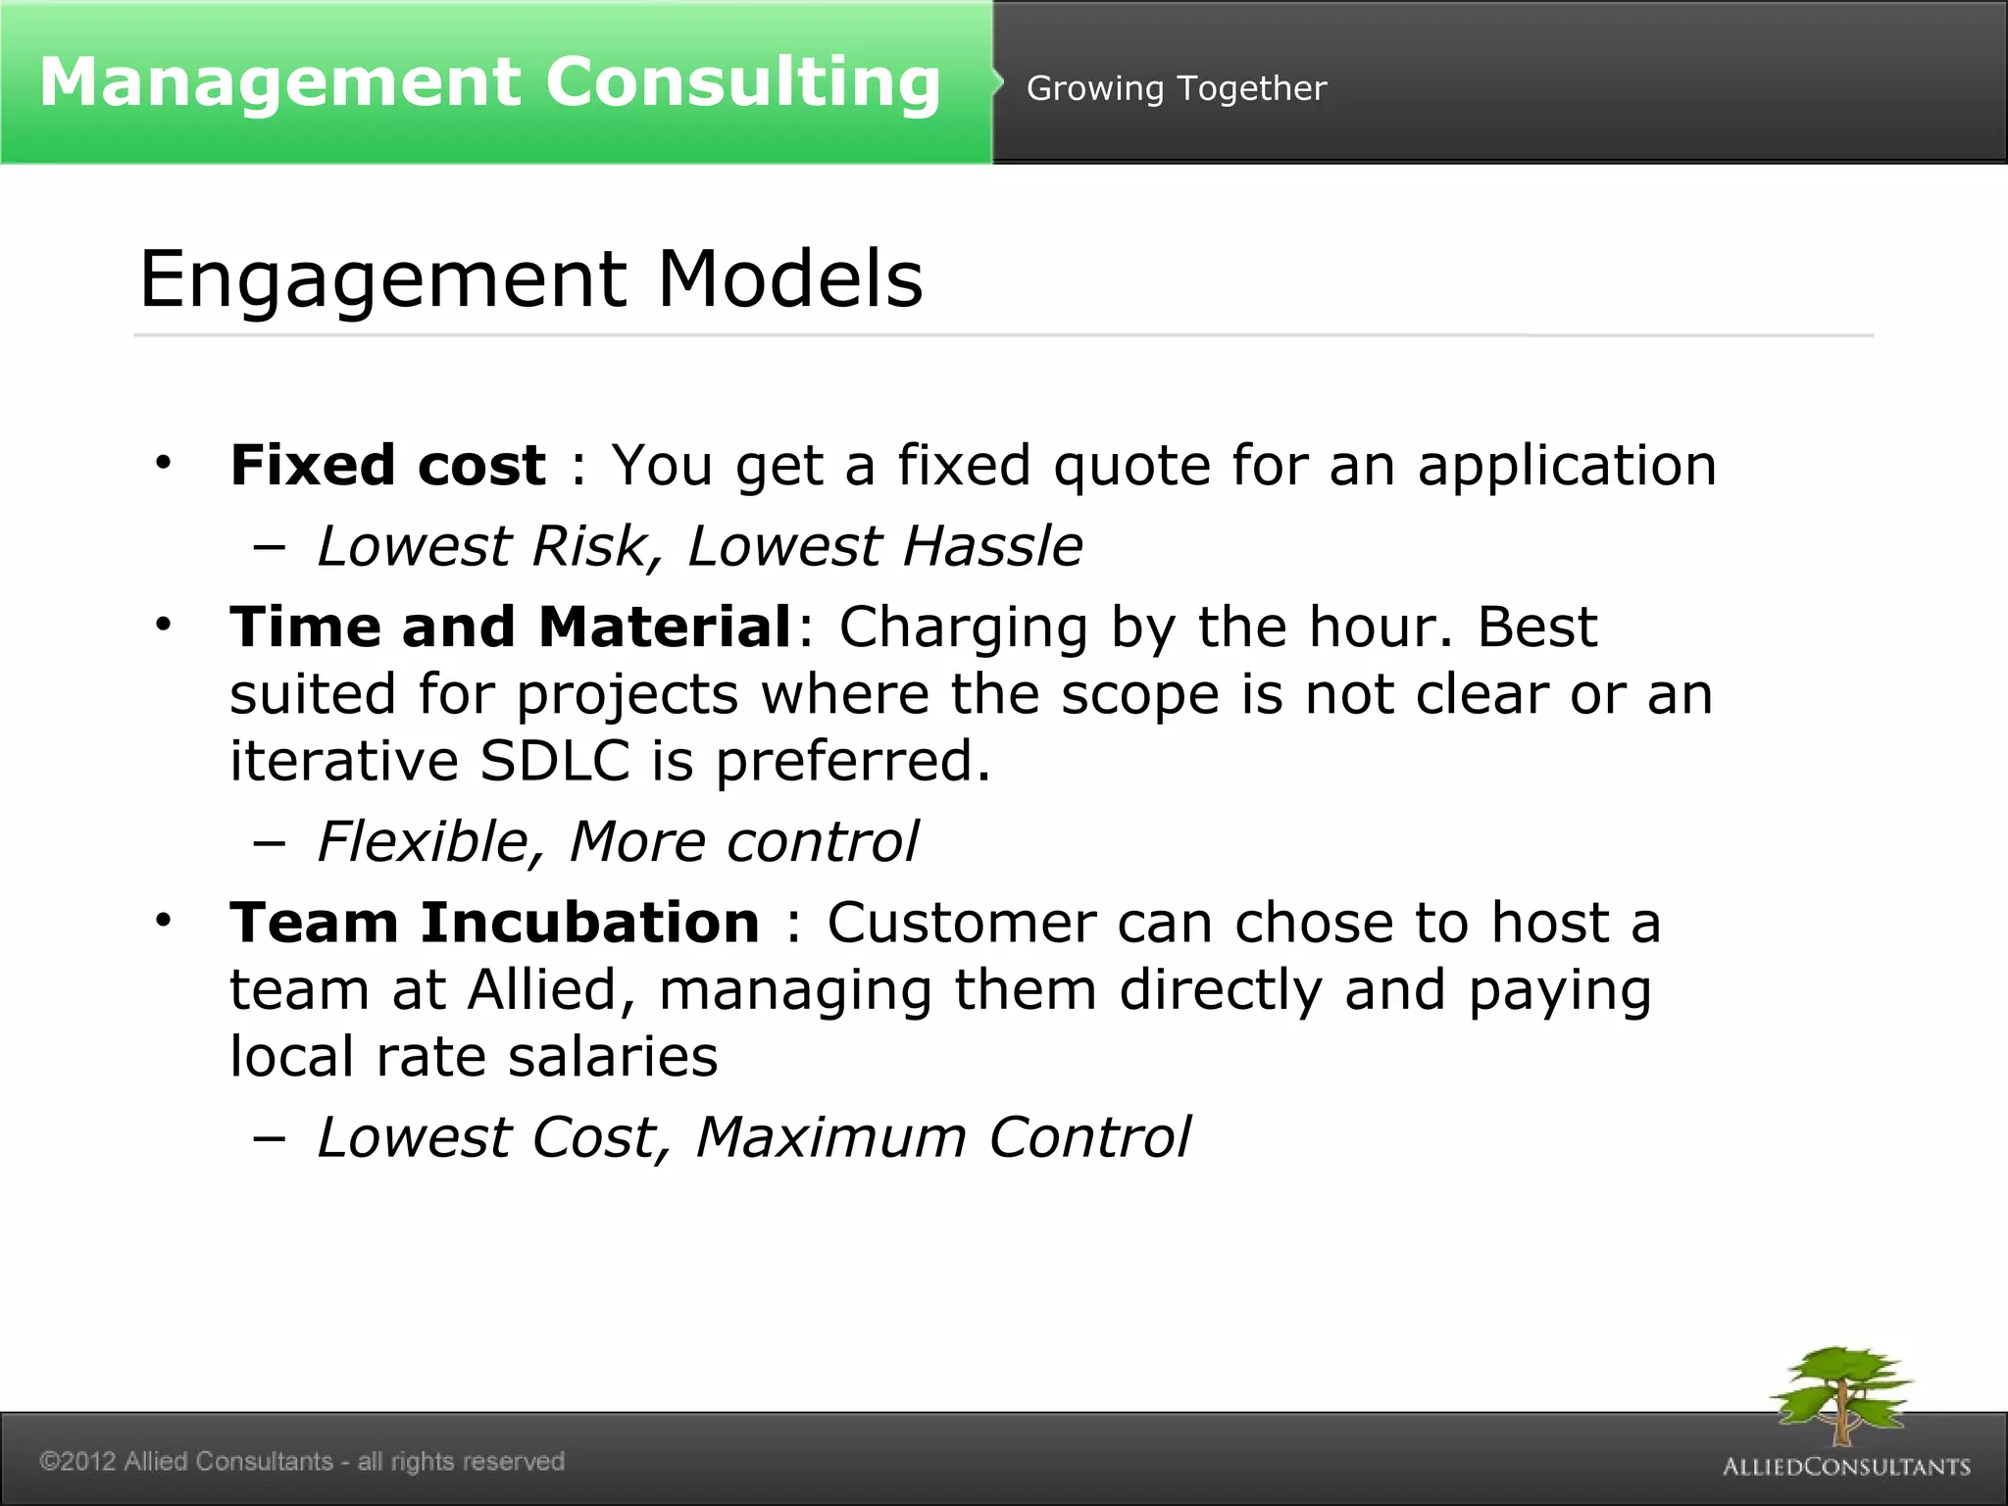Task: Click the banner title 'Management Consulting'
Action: pos(489,82)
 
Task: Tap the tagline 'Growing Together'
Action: pos(1176,89)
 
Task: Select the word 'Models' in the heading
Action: pos(789,279)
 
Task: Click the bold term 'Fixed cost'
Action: pos(387,465)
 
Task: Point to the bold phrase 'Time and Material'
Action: pos(510,627)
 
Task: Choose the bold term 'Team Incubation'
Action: pos(494,924)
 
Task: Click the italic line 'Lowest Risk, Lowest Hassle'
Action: pos(699,546)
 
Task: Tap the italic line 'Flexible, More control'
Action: pos(618,842)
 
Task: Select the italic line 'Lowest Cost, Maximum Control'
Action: pos(753,1138)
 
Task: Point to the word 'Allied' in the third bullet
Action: pos(544,990)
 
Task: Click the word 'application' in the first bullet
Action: pos(1566,467)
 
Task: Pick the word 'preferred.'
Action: pos(853,763)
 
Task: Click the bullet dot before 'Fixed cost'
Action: pos(163,462)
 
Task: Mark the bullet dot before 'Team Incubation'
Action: pos(163,921)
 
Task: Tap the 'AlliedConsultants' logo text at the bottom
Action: pos(1846,1467)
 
